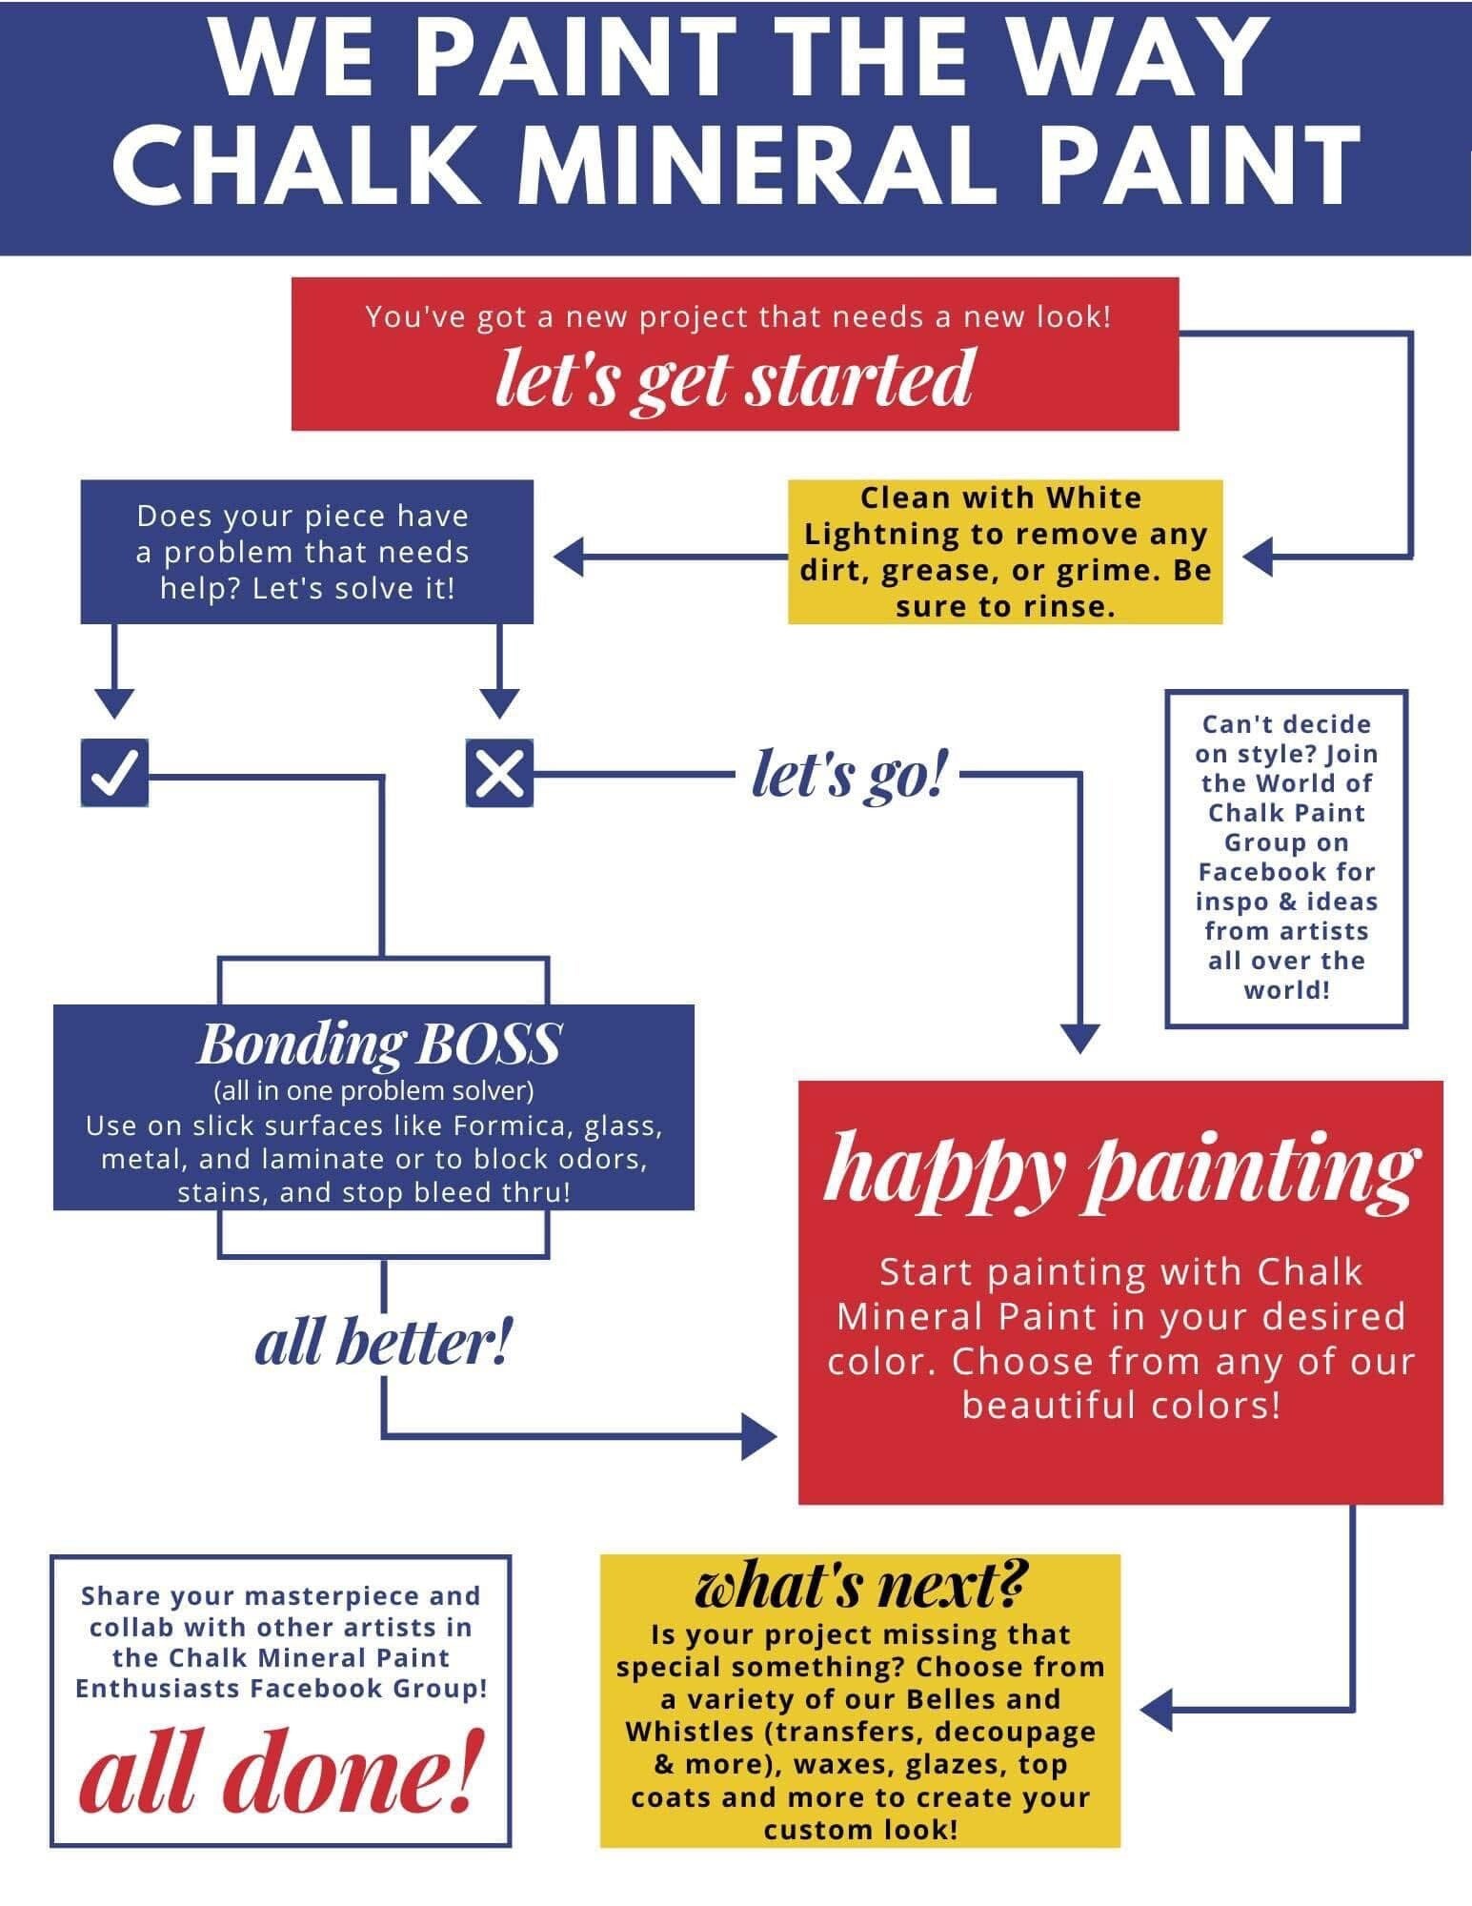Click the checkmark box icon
click(114, 772)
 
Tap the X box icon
click(499, 772)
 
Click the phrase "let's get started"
click(735, 377)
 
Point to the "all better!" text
click(383, 1344)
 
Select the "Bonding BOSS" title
click(378, 1044)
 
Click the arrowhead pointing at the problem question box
click(569, 558)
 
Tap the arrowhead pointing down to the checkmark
click(115, 703)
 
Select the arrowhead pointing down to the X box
click(499, 703)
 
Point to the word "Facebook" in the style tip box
click(1286, 872)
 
